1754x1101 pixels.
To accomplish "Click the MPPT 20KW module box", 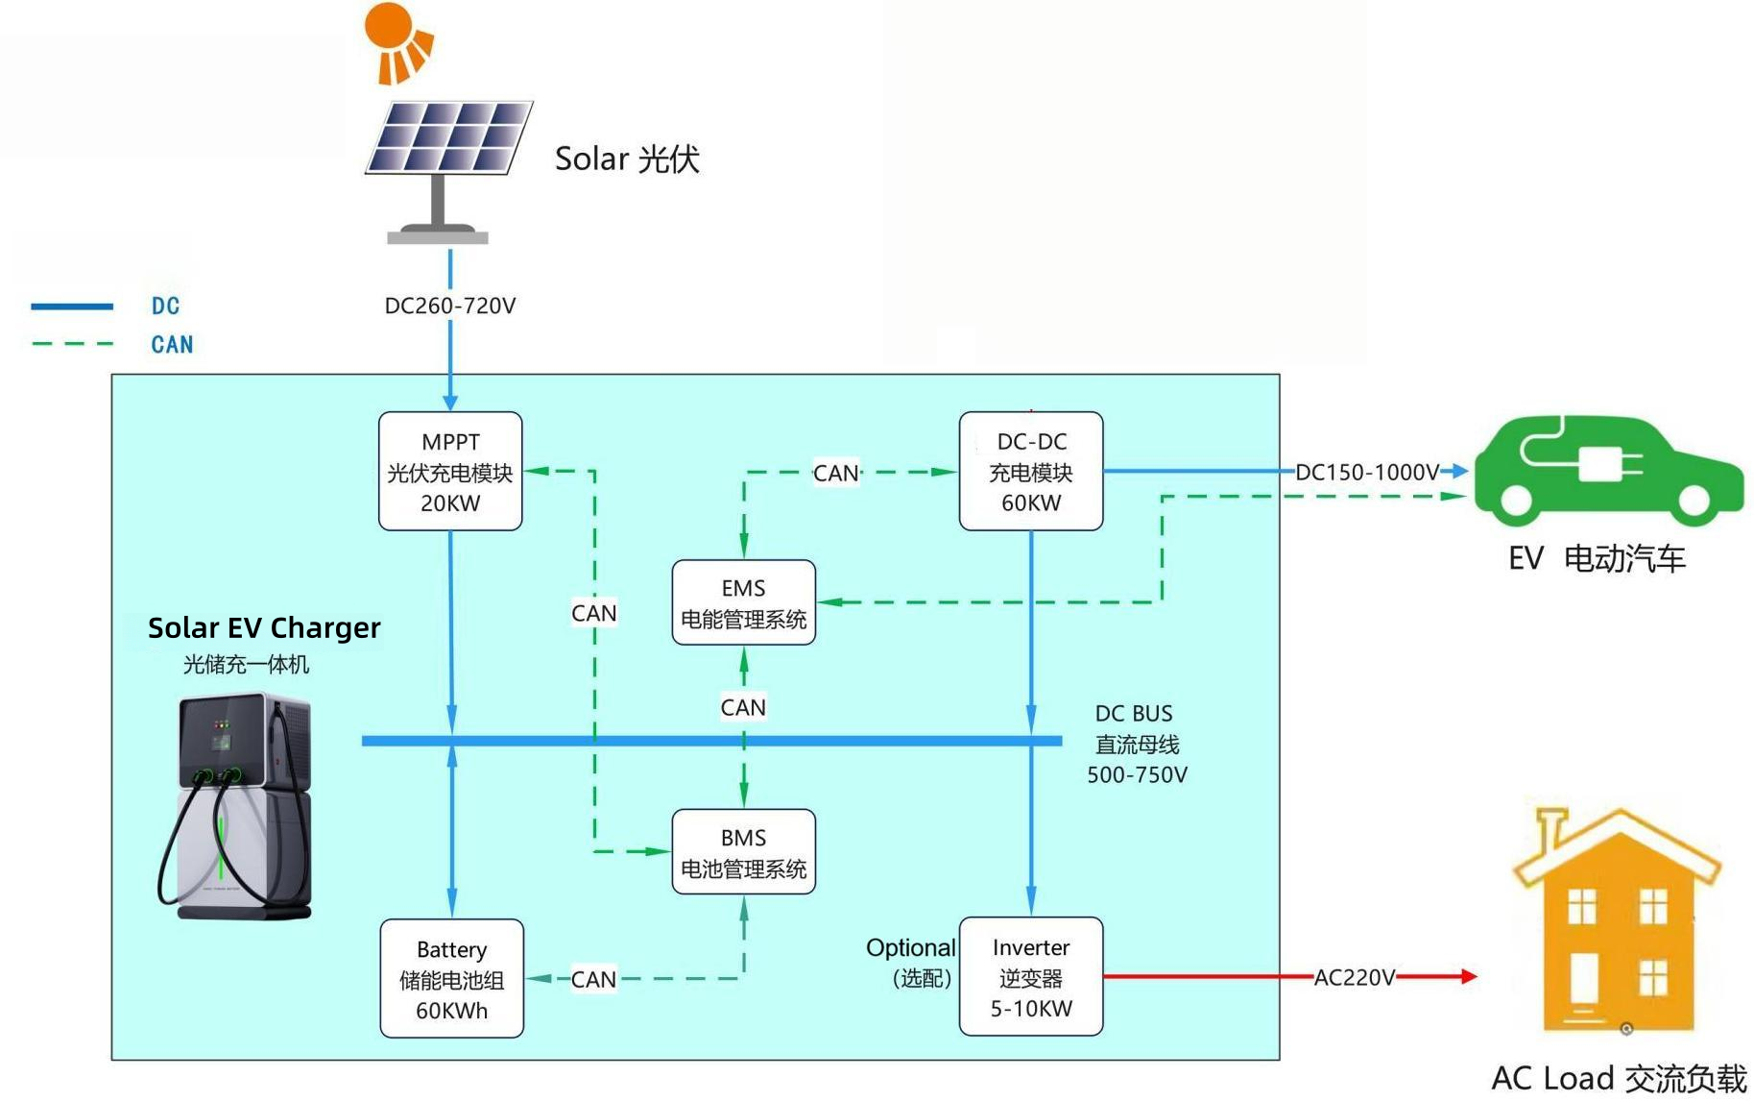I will click(x=450, y=472).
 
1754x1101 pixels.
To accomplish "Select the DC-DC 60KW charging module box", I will click(x=1031, y=472).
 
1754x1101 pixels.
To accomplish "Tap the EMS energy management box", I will click(x=743, y=602).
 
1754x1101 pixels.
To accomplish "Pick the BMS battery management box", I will click(x=743, y=852).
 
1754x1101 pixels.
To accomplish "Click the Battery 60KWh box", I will click(x=451, y=979).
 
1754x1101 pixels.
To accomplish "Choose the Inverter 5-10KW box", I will click(x=1031, y=977).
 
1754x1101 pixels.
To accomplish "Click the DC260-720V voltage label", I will click(x=450, y=306).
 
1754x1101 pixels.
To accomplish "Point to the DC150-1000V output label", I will click(x=1367, y=472).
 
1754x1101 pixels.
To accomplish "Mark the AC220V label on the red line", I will click(x=1354, y=977).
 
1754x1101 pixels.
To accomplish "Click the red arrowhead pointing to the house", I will click(x=1468, y=976).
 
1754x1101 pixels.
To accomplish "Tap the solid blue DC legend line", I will click(x=72, y=306).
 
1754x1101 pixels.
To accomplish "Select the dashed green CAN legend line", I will click(x=72, y=343).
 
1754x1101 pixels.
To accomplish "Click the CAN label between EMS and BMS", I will click(x=743, y=707).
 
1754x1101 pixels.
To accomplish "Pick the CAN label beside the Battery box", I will click(x=593, y=979).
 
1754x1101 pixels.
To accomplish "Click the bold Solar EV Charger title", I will click(x=264, y=627).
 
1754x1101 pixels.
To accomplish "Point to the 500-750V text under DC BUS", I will click(x=1137, y=774).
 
